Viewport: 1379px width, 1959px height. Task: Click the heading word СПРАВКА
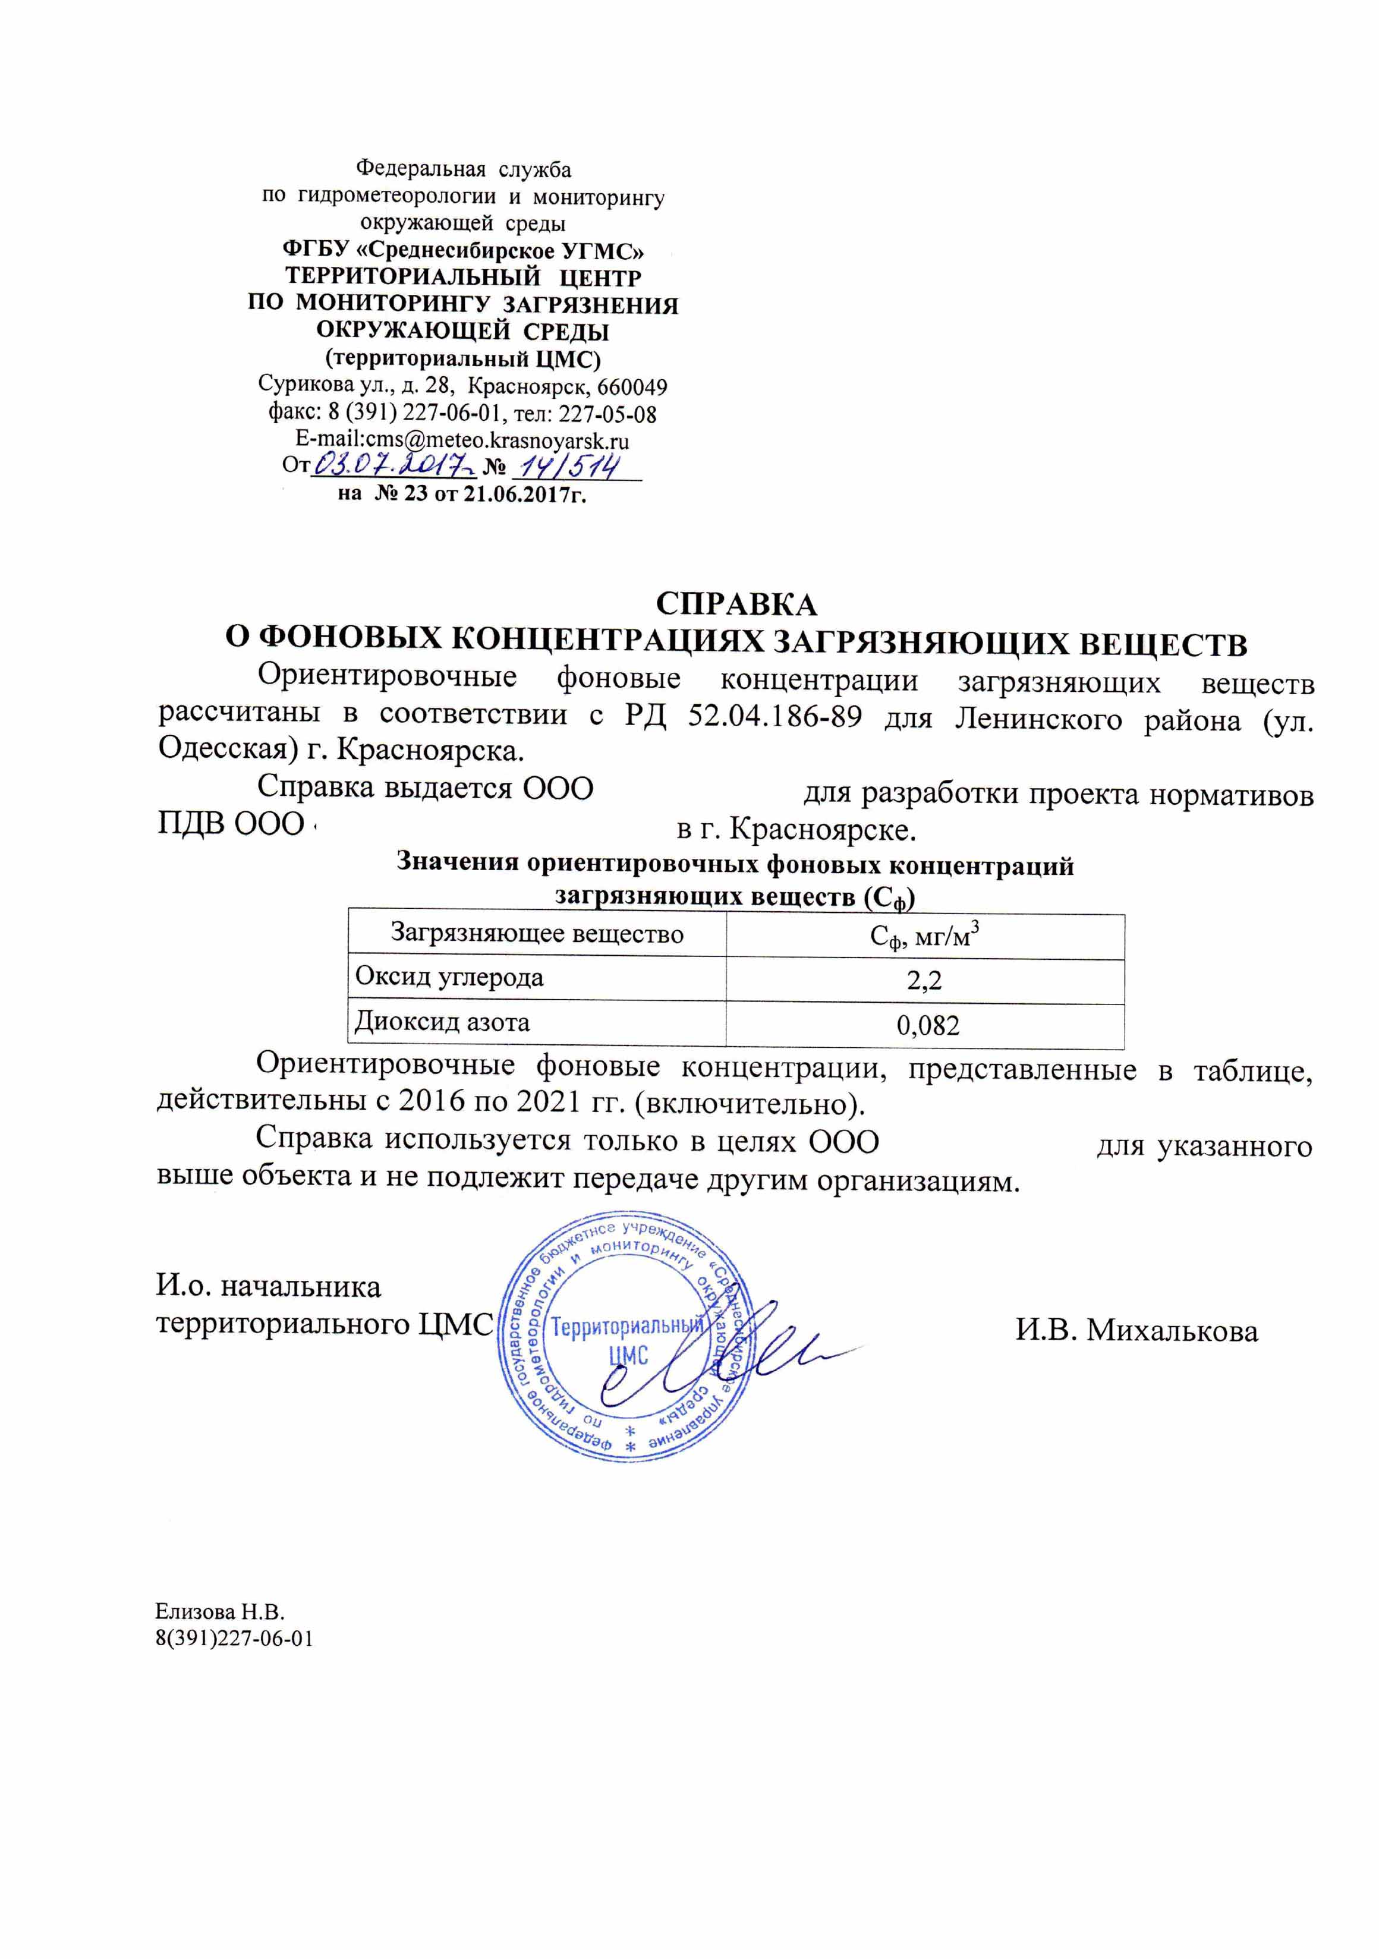pyautogui.click(x=736, y=604)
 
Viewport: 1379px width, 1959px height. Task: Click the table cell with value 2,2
pyautogui.click(x=924, y=981)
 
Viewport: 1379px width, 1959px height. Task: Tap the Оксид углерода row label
pyautogui.click(x=449, y=977)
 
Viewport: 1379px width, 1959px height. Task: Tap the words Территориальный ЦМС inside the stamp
pyautogui.click(x=628, y=1340)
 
